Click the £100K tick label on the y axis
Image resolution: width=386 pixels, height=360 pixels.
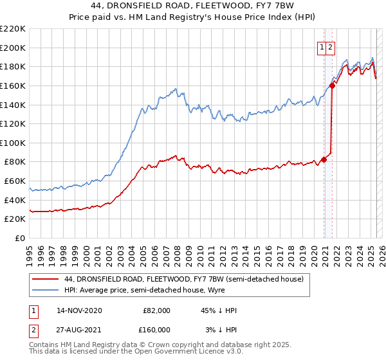(13, 143)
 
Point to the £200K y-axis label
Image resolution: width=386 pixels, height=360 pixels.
(13, 48)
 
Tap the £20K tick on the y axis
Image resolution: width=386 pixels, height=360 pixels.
(15, 219)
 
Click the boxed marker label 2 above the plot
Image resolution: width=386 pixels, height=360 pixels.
(330, 46)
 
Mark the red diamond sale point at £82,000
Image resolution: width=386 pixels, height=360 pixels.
(324, 160)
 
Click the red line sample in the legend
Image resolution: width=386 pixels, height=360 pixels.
(46, 278)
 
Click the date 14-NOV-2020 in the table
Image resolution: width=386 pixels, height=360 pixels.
(79, 310)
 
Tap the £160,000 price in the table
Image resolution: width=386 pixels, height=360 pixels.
(157, 330)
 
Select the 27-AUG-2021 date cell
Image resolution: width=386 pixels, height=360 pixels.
(79, 330)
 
